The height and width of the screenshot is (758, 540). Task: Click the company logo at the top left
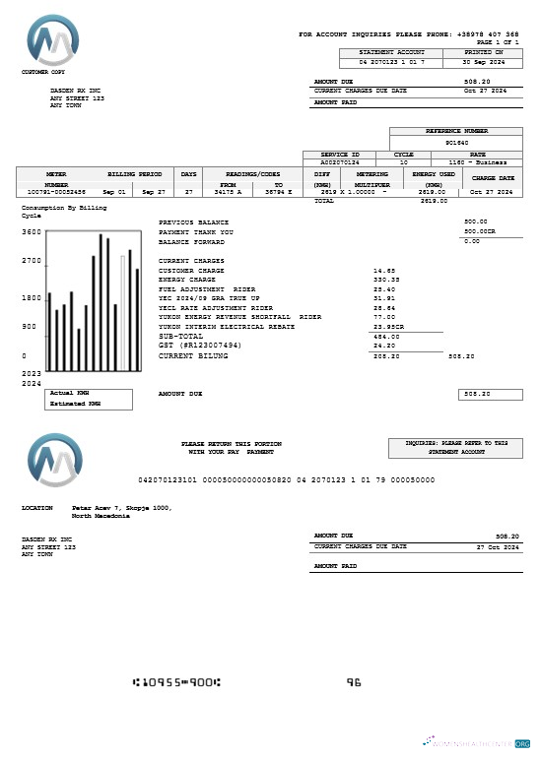55,40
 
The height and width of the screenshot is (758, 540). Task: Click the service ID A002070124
340,162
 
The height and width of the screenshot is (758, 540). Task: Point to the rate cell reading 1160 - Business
477,162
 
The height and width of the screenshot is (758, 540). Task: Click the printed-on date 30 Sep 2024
484,62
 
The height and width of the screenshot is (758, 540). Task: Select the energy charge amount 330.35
385,280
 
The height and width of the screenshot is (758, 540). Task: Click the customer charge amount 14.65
384,270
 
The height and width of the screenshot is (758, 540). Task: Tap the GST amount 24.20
384,346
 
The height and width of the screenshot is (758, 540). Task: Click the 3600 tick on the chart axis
31,232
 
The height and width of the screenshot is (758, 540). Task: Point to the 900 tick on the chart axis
29,326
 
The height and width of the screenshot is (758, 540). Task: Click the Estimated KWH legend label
75,404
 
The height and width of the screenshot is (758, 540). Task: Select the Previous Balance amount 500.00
476,222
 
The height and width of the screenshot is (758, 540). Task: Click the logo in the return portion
55,462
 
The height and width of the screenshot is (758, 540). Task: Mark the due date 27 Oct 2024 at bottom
498,546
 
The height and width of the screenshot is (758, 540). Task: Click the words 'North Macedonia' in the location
95,516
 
